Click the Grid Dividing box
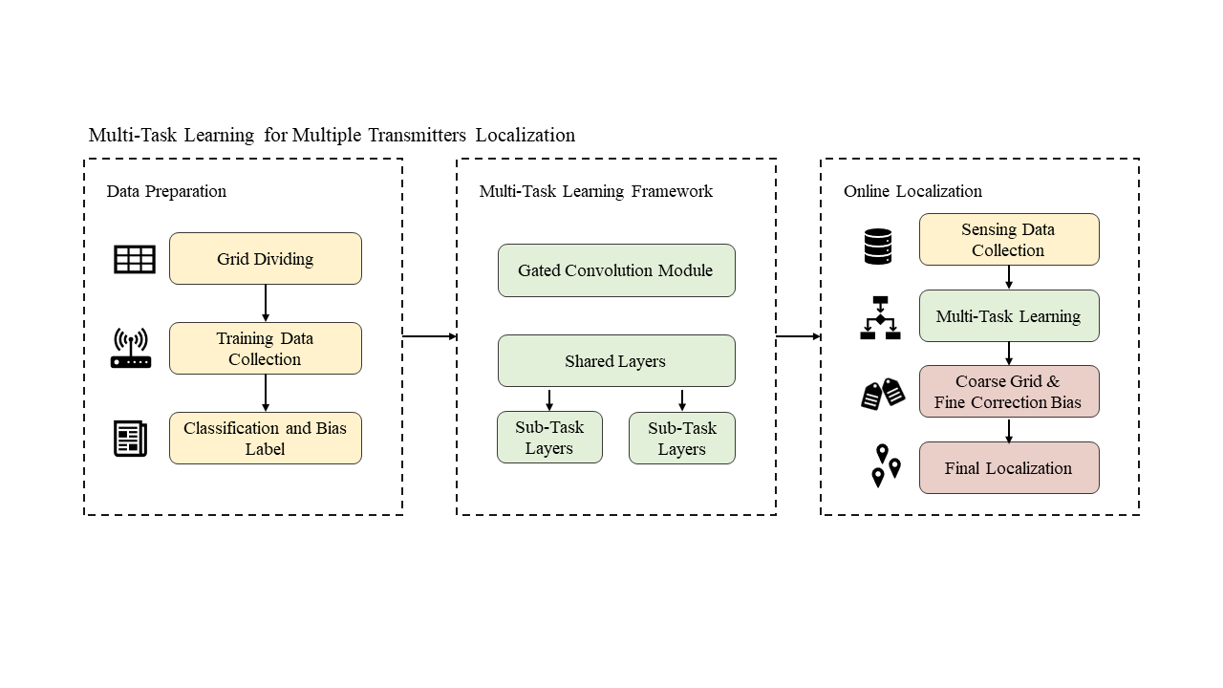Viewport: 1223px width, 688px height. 266,259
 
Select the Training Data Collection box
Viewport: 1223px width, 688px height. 266,349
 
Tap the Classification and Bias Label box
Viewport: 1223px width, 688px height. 266,439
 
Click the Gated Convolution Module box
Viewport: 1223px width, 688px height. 616,270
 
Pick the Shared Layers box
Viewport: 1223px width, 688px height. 616,361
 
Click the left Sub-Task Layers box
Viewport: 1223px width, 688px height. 549,438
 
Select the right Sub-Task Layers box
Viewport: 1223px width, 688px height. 682,439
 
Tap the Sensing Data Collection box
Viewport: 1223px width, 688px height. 1009,240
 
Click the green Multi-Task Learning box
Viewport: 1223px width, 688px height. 1009,316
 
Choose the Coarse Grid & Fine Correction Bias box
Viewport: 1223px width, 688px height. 1009,392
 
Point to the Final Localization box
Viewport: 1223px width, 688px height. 1009,468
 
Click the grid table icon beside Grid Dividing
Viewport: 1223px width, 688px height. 135,259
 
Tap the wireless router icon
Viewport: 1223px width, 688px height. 131,349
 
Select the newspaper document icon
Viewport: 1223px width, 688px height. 131,439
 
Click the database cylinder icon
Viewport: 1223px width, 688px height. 877,247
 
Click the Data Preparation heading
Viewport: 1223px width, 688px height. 166,191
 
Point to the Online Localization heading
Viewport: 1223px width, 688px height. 912,191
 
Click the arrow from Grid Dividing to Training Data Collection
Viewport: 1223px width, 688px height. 266,303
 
